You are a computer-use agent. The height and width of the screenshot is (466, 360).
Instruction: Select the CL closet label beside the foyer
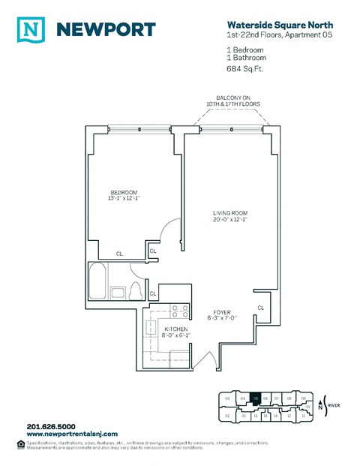coord(260,308)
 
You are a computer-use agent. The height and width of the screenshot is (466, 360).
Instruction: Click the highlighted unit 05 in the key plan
coord(256,398)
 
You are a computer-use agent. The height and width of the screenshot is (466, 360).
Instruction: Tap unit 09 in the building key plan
coord(303,398)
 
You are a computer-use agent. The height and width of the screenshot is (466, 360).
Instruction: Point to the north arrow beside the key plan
coord(321,406)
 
